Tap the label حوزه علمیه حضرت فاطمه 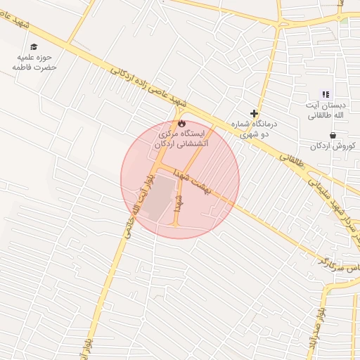(x=34, y=62)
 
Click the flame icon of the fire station (x=181, y=123)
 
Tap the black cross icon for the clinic (x=255, y=112)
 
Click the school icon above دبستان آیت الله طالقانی (x=325, y=94)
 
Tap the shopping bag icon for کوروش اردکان (x=332, y=136)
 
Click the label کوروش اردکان (x=333, y=146)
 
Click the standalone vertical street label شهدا (x=180, y=205)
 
